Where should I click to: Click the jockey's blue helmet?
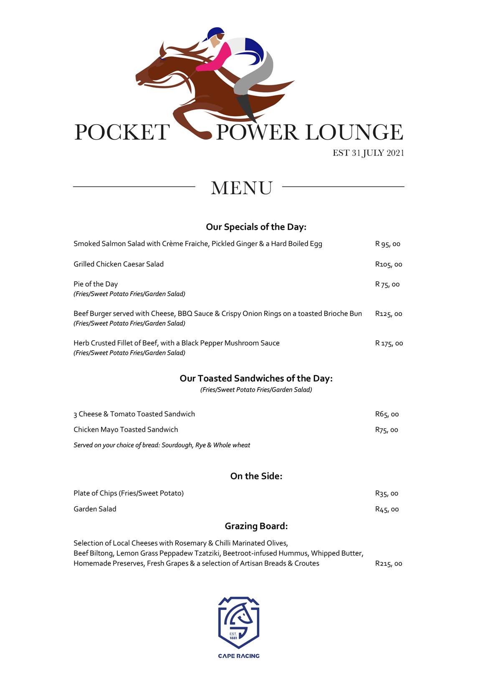[215, 33]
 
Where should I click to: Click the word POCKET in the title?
[122, 133]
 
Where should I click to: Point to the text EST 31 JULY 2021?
[368, 153]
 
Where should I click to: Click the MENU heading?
[242, 188]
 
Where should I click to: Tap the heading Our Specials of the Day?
[256, 227]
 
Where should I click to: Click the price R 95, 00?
[387, 244]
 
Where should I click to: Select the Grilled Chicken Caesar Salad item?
[119, 264]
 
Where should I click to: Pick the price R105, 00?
[388, 264]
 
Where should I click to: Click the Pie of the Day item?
[96, 284]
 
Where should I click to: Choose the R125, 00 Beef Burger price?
[388, 313]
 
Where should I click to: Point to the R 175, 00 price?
[389, 343]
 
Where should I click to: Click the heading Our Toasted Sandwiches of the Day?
[256, 378]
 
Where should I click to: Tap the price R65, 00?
[387, 414]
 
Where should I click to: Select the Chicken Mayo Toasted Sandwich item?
[126, 429]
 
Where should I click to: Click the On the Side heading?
[256, 476]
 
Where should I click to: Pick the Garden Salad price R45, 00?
[387, 509]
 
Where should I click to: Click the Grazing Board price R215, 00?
[388, 564]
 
